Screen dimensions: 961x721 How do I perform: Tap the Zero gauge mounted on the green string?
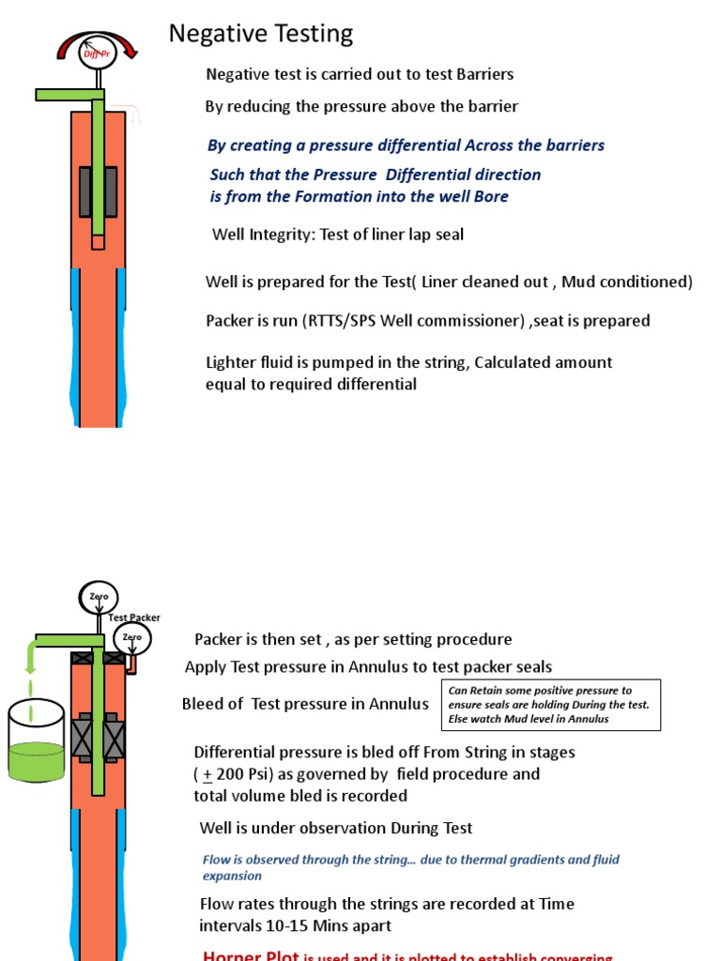tap(99, 598)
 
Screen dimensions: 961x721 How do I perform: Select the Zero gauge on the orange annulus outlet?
tap(131, 638)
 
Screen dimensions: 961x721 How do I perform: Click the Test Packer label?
tap(134, 618)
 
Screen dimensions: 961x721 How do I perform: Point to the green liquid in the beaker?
tap(36, 761)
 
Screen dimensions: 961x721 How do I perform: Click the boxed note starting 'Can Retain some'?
tap(551, 705)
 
